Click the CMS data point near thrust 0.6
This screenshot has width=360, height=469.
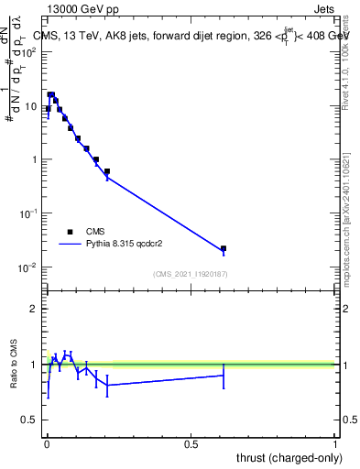pyautogui.click(x=223, y=248)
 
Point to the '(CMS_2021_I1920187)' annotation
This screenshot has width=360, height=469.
pyautogui.click(x=191, y=273)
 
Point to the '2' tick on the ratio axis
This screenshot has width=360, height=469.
pyautogui.click(x=34, y=309)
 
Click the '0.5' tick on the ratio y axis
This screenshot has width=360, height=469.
pyautogui.click(x=29, y=420)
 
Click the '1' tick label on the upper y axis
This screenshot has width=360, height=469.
pyautogui.click(x=34, y=159)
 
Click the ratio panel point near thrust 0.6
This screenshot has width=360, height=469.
pyautogui.click(x=223, y=375)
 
